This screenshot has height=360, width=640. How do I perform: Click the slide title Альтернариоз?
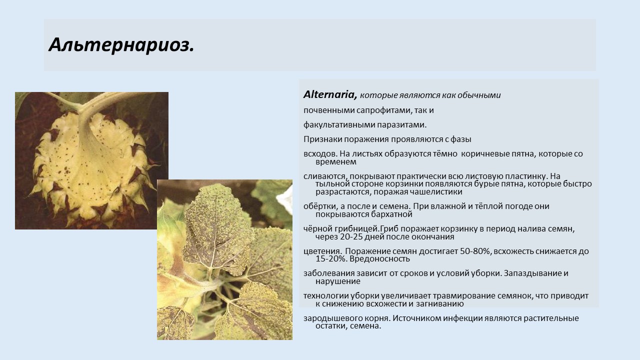(x=121, y=45)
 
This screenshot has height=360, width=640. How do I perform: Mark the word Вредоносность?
(x=379, y=259)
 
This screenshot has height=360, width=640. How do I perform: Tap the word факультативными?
(x=339, y=125)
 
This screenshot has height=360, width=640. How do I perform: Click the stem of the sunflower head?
(x=85, y=114)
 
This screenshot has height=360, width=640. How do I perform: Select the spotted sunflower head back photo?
(x=91, y=160)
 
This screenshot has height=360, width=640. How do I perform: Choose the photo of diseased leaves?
(x=224, y=259)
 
